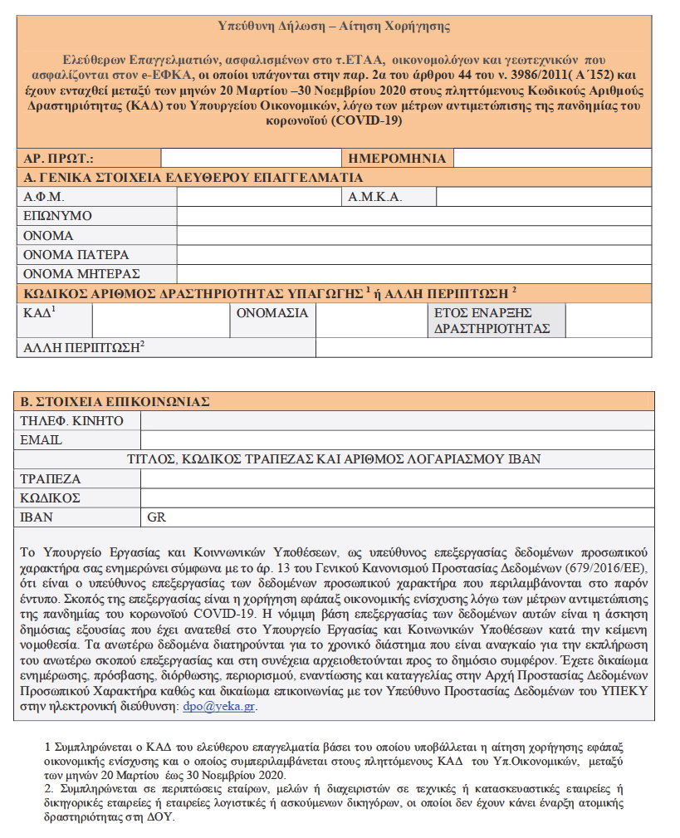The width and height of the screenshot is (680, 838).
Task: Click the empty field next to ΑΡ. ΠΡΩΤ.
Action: click(250, 158)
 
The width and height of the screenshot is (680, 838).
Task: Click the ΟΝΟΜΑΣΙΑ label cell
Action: click(272, 313)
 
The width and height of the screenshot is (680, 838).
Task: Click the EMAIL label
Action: click(42, 440)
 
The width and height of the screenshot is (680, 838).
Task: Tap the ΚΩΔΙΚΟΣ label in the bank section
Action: click(51, 497)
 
